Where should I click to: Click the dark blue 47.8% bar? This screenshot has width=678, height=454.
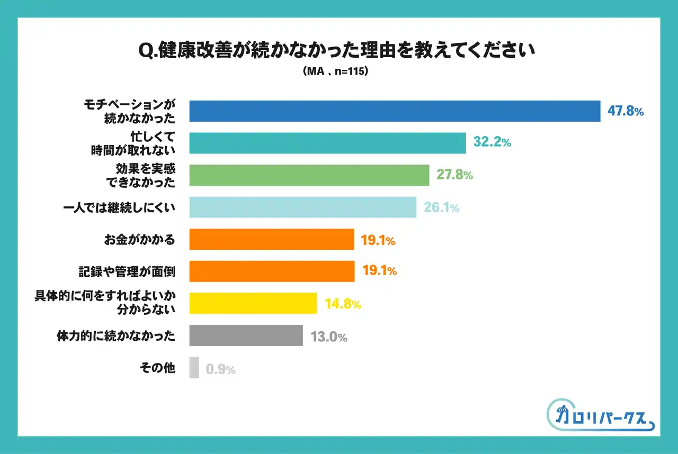tap(395, 111)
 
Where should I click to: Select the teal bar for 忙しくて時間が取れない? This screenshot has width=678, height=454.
tap(327, 143)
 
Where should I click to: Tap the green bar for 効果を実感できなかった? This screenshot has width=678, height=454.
tap(309, 175)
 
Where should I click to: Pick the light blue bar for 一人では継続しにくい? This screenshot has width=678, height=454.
tap(302, 207)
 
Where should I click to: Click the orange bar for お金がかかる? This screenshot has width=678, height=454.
tap(271, 240)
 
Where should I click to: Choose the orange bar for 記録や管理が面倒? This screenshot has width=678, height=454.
tap(272, 271)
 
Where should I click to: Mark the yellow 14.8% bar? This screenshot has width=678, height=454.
tap(253, 304)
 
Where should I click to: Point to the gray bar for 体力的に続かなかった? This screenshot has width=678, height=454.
tap(246, 335)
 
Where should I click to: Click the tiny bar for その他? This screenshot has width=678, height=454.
tap(194, 368)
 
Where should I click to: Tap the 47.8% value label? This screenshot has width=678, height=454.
tap(625, 112)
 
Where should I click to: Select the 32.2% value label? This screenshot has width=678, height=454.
tap(492, 143)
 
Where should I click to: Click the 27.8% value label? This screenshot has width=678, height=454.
tap(454, 175)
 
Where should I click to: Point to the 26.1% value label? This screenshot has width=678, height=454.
tap(441, 208)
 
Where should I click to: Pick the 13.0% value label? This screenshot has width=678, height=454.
tap(328, 337)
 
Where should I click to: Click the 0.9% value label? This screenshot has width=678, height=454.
tap(220, 369)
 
